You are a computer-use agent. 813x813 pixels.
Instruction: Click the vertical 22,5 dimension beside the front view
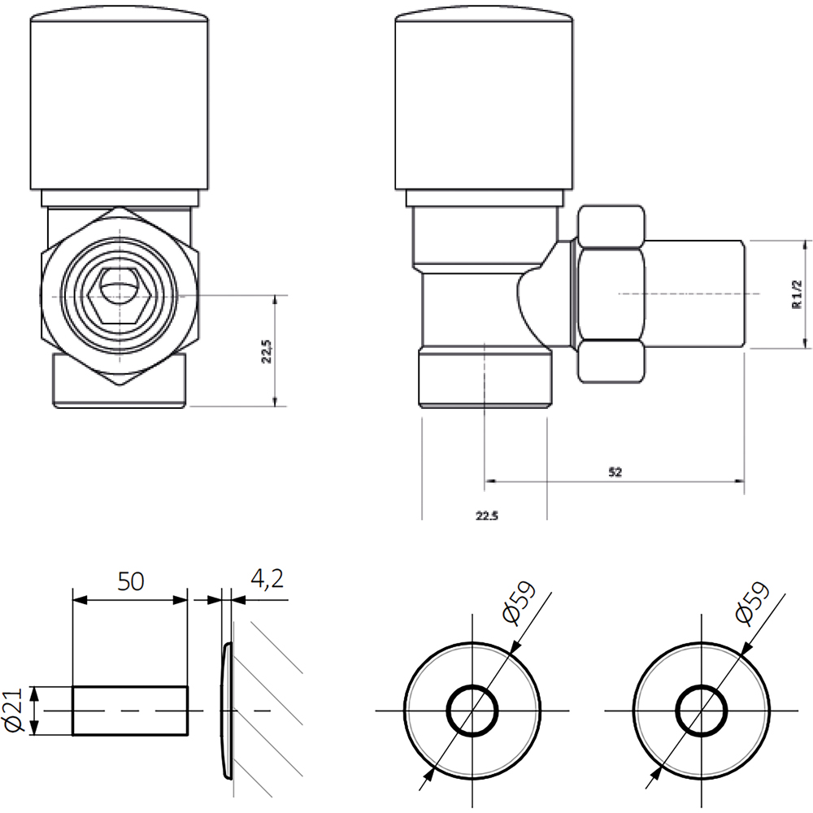(x=266, y=351)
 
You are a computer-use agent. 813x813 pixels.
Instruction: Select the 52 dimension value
(x=615, y=472)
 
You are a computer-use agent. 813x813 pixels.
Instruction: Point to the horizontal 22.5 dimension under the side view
(x=485, y=515)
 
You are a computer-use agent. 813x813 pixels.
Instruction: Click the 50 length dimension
(x=130, y=581)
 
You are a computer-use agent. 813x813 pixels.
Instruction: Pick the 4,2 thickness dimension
(x=267, y=580)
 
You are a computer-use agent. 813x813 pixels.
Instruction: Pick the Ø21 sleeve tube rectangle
(x=130, y=711)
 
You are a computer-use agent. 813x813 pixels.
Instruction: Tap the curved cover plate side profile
(x=228, y=711)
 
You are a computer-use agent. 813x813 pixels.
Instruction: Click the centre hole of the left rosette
(x=472, y=711)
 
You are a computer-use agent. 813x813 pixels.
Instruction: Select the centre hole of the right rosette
(x=702, y=711)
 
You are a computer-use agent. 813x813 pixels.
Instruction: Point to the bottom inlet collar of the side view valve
(x=485, y=377)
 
